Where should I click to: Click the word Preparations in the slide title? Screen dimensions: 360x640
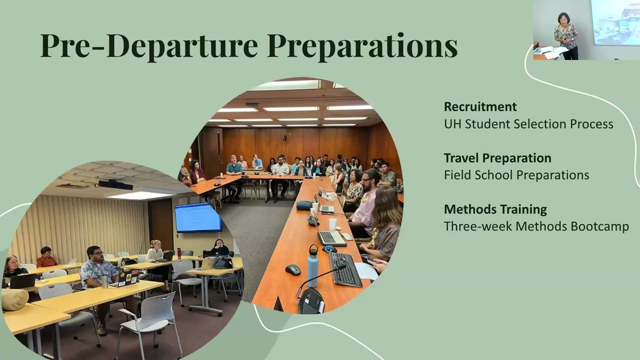[x=362, y=46]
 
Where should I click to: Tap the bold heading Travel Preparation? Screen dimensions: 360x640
[x=497, y=158]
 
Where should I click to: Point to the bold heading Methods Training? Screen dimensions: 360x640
[x=495, y=209]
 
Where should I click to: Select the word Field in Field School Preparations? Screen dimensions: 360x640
[x=455, y=175]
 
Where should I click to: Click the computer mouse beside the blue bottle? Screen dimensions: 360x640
[x=293, y=269]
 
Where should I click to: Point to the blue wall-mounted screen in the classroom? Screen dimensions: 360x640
[x=198, y=218]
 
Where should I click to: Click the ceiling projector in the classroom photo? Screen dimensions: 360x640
[x=115, y=184]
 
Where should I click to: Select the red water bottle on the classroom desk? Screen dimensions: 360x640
[x=179, y=253]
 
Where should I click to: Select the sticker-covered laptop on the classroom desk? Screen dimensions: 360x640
[x=125, y=278]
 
